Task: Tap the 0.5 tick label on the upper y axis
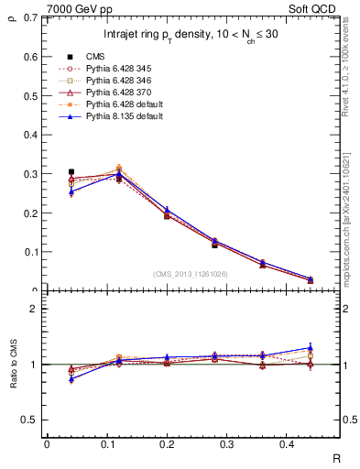[x=28, y=95]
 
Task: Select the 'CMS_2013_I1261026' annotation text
[x=191, y=274]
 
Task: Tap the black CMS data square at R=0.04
[x=71, y=171]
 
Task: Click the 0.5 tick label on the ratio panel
[x=28, y=420]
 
